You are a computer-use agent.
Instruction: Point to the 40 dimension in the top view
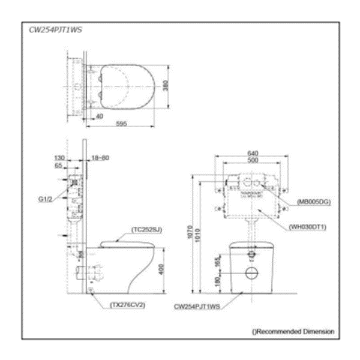click(99, 116)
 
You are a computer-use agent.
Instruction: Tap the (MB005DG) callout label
click(310, 202)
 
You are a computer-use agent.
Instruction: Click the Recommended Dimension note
click(293, 331)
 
